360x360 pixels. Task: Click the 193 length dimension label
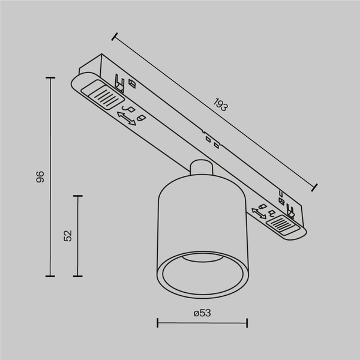click(x=220, y=106)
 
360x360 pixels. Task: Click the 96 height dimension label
click(x=40, y=176)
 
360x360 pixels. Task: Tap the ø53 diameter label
click(x=202, y=313)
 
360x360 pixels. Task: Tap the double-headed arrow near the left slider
click(x=126, y=119)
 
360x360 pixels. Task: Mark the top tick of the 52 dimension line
click(x=77, y=196)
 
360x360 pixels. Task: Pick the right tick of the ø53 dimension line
click(x=247, y=323)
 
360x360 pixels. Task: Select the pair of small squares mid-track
click(x=212, y=142)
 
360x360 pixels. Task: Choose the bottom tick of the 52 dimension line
click(x=77, y=277)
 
